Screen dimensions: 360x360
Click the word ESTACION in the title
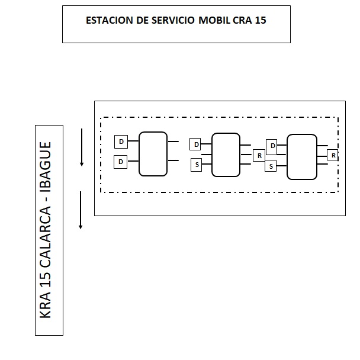(x=110, y=20)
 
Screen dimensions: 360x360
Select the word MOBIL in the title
(x=214, y=20)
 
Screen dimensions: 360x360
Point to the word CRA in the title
(x=242, y=20)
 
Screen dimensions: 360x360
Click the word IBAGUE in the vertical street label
(x=46, y=168)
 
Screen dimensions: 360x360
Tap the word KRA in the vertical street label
(x=46, y=306)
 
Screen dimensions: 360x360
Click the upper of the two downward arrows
(x=82, y=147)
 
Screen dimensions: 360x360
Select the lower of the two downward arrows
(x=81, y=210)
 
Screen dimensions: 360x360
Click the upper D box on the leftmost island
(x=121, y=142)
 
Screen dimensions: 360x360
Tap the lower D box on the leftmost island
(x=121, y=162)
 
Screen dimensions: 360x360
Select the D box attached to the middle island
(x=195, y=144)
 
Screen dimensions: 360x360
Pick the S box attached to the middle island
(x=197, y=165)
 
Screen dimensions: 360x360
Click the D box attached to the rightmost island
(x=272, y=147)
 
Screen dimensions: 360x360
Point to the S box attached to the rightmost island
(x=271, y=166)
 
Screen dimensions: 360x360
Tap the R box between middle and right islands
(x=259, y=156)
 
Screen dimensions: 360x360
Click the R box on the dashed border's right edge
(x=333, y=155)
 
